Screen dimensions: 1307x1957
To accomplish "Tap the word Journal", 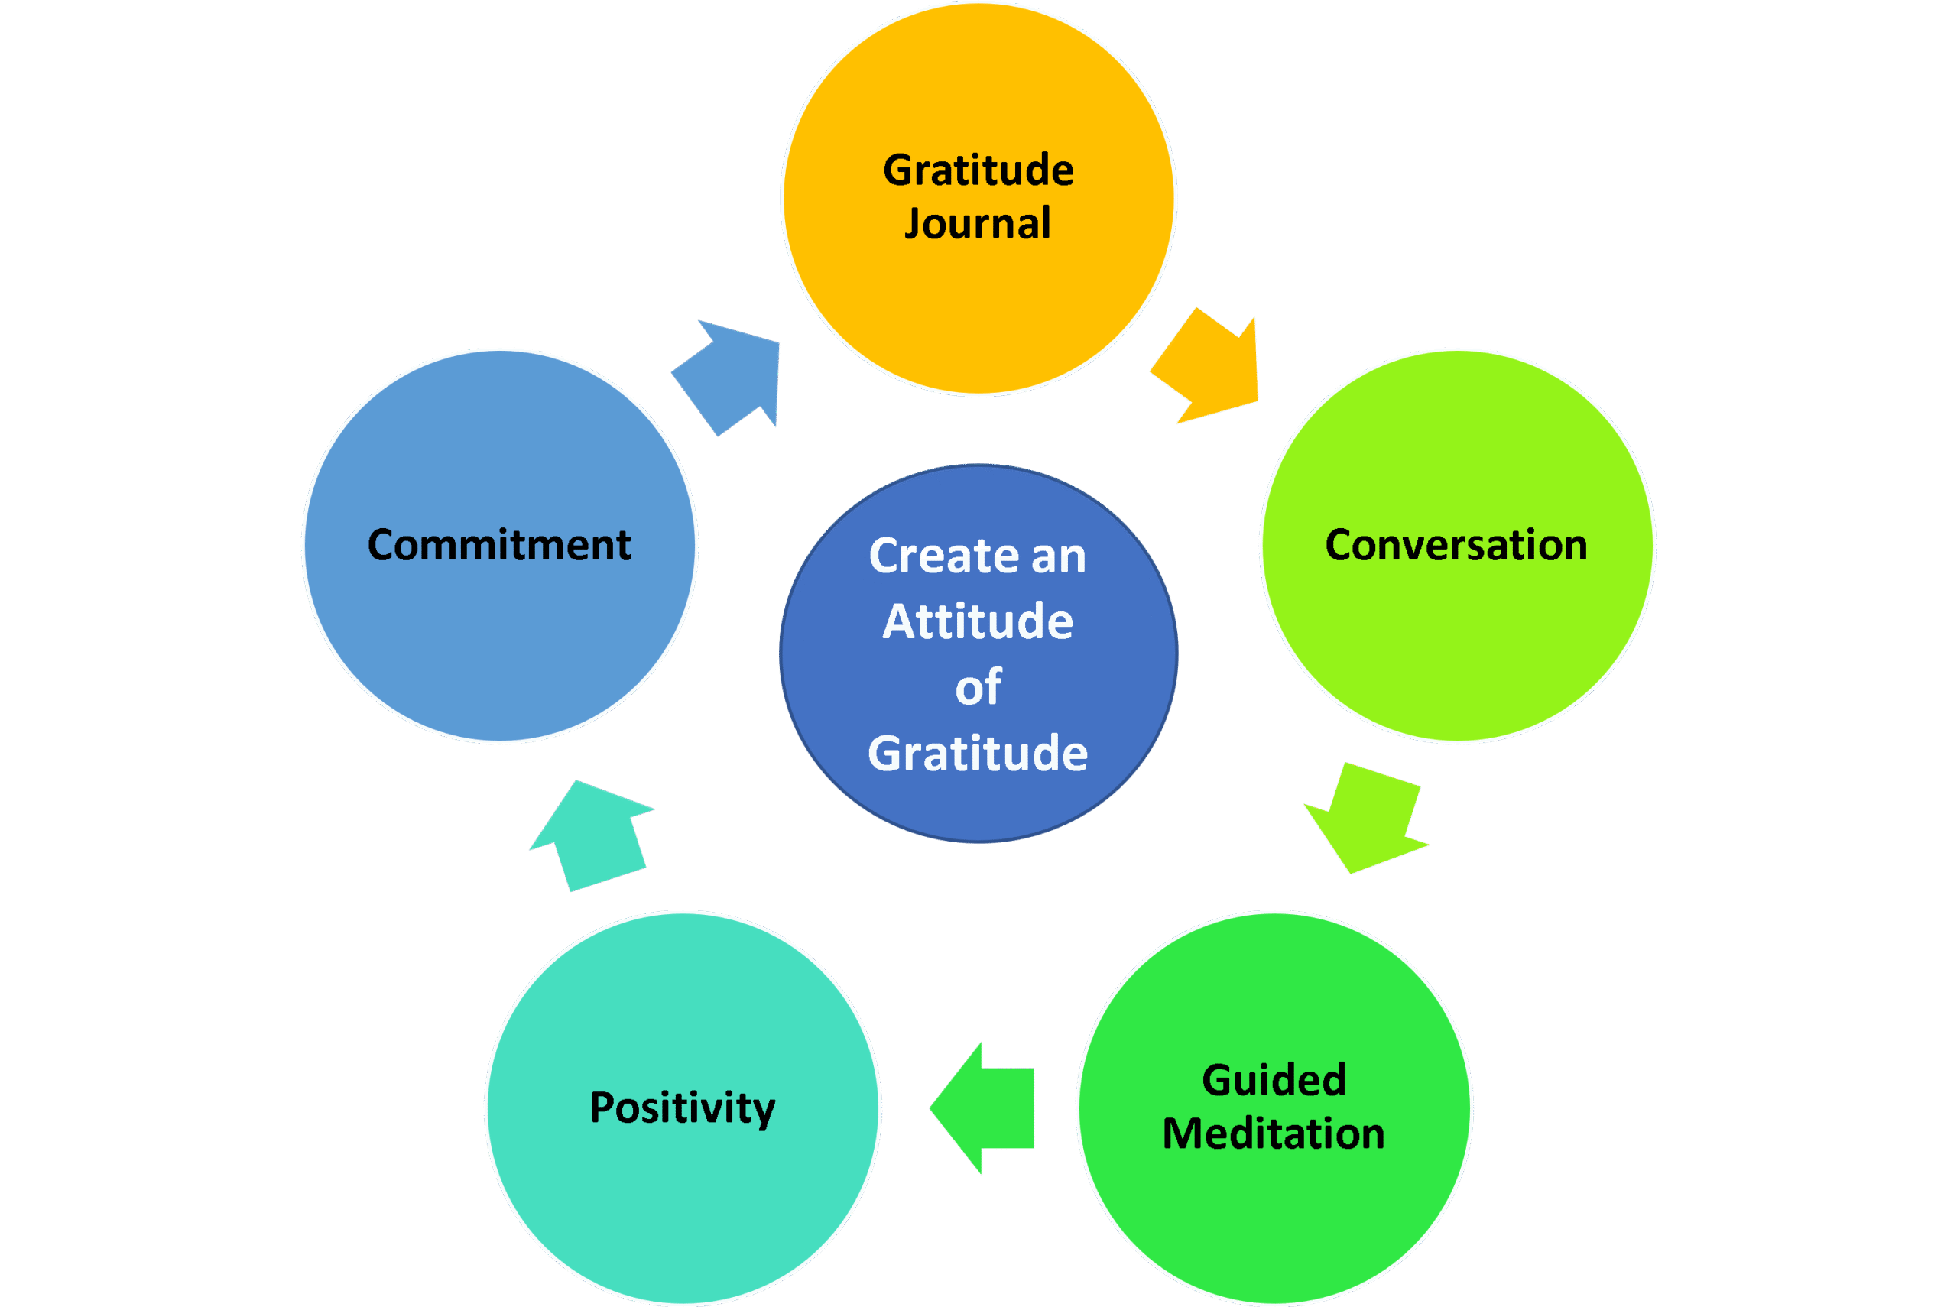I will pyautogui.click(x=978, y=224).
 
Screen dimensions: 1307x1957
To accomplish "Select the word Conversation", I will pyautogui.click(x=1456, y=545).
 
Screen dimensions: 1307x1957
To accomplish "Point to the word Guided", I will pyautogui.click(x=1274, y=1080).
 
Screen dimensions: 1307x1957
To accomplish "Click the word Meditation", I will pyautogui.click(x=1274, y=1134).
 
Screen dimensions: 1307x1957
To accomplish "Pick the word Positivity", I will pyautogui.click(x=683, y=1108).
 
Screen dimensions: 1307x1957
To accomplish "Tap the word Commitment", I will pyautogui.click(x=499, y=545).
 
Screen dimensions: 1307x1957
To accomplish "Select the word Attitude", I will pyautogui.click(x=978, y=622).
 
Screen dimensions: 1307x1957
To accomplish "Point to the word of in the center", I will pyautogui.click(x=978, y=688).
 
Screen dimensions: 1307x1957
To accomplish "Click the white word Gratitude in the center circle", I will pyautogui.click(x=978, y=754).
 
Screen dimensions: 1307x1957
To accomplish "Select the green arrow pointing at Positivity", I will pyautogui.click(x=988, y=1108).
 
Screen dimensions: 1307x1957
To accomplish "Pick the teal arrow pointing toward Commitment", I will pyautogui.click(x=593, y=834).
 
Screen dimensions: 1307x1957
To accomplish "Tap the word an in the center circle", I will pyautogui.click(x=1059, y=556).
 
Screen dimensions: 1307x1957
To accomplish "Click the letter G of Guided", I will pyautogui.click(x=1219, y=1080).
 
